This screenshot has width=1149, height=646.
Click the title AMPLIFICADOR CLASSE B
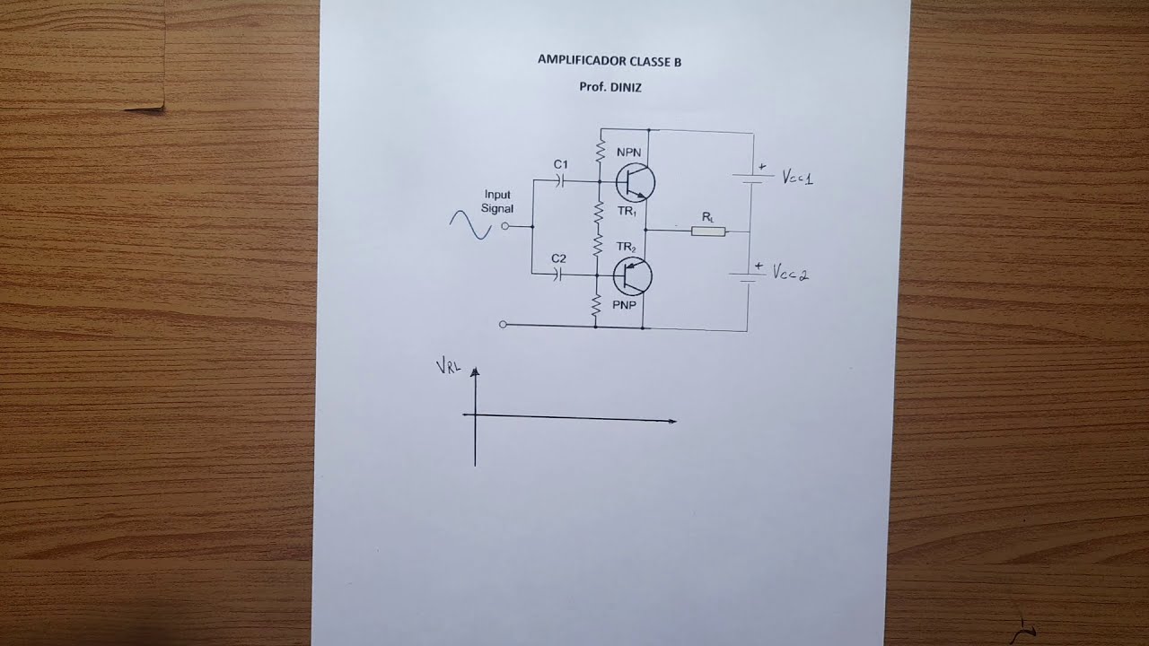pos(610,61)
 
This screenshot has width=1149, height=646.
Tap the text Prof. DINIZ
pos(610,87)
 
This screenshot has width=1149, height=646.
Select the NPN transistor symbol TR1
pos(635,182)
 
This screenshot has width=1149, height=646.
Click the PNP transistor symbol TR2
pos(633,276)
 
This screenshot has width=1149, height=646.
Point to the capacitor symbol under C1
pos(560,180)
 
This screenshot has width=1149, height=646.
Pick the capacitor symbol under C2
pos(558,275)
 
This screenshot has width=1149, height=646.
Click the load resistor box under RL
pos(708,231)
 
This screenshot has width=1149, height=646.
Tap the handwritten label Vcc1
pos(797,178)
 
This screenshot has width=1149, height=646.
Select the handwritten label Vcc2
pos(791,272)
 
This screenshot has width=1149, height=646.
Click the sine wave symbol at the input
pos(470,225)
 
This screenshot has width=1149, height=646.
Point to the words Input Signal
pos(497,202)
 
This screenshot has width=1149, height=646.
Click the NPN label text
pos(629,153)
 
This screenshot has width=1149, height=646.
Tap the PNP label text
pos(624,305)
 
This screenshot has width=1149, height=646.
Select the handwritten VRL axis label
pos(448,367)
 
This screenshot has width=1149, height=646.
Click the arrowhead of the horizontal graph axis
pos(672,422)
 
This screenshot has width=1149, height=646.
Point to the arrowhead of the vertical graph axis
pos(475,371)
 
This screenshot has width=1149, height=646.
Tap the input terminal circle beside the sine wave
pos(504,226)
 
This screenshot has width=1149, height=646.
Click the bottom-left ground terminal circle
pos(503,325)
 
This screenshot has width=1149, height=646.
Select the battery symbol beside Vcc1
pos(753,178)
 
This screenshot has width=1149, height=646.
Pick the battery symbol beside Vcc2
pos(748,275)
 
